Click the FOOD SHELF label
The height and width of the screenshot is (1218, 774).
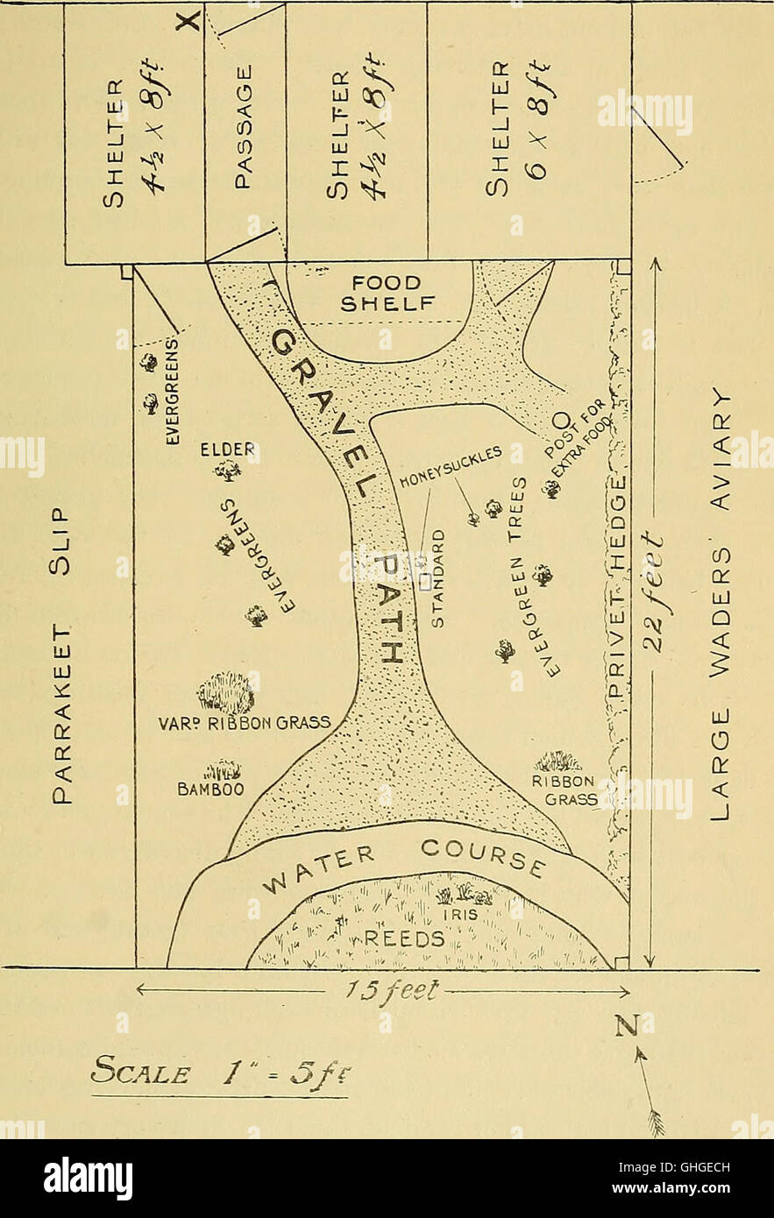click(x=387, y=294)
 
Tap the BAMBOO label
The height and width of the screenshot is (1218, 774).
click(x=210, y=789)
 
